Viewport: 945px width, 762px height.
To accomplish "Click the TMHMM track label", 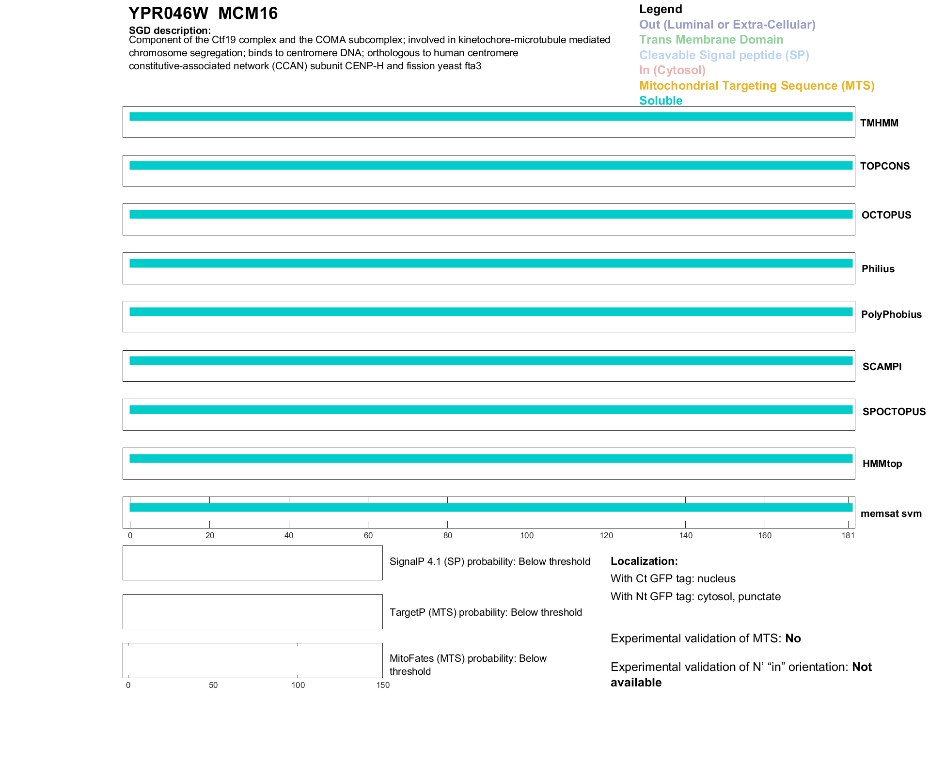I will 879,123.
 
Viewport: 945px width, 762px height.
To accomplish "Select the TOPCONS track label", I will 884,166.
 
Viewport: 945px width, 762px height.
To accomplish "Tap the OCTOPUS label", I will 886,215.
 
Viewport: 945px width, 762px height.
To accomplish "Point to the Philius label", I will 878,269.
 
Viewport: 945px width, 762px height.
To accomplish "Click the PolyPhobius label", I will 891,314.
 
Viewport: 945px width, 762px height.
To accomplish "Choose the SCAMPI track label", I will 882,367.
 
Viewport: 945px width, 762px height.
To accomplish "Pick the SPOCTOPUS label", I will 894,412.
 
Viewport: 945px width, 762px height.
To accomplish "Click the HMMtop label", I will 882,464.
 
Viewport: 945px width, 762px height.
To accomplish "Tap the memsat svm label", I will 891,513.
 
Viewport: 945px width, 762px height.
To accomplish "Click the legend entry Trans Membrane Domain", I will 711,40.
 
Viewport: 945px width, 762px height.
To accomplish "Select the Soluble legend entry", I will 661,101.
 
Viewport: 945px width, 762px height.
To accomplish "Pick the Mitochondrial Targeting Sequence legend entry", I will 756,86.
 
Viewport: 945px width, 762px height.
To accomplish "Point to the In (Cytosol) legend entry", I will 672,70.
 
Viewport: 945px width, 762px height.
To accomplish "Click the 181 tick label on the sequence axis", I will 848,535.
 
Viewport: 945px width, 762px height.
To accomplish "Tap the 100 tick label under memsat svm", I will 527,535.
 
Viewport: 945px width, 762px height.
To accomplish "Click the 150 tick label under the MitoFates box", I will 383,685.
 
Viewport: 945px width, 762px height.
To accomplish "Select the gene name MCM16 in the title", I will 248,13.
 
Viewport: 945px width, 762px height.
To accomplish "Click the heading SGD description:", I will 170,31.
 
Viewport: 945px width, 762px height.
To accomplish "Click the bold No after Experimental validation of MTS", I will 793,638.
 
